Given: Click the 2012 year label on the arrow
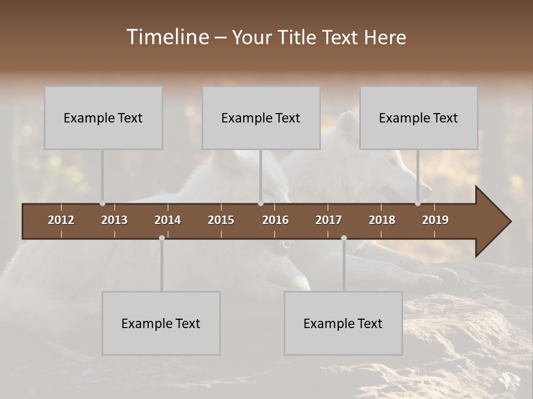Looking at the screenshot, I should pos(61,220).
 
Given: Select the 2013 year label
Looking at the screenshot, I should pos(114,220).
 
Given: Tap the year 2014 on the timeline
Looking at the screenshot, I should pos(168,220).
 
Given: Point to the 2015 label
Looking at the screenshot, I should pos(221,220).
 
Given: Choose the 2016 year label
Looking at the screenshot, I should pos(275,220).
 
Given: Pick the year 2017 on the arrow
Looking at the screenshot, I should pos(329,220).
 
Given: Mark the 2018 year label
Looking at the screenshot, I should pos(382,220).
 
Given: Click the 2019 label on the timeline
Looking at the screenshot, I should pos(435,220).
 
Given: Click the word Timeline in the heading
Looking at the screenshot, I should pos(167,37).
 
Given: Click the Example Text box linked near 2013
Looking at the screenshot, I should pos(103,117).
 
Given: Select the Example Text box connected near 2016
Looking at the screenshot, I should pos(261,117).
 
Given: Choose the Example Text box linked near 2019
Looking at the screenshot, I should pos(419,117).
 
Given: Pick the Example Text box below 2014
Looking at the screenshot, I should pos(161,323).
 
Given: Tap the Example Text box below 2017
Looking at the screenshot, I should pos(343,323).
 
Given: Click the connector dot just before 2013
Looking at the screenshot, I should pos(102,203).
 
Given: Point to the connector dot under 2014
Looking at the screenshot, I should pos(162,238).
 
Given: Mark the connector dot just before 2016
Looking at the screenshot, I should pos(260,203).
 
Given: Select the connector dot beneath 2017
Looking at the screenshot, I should pos(344,238).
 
